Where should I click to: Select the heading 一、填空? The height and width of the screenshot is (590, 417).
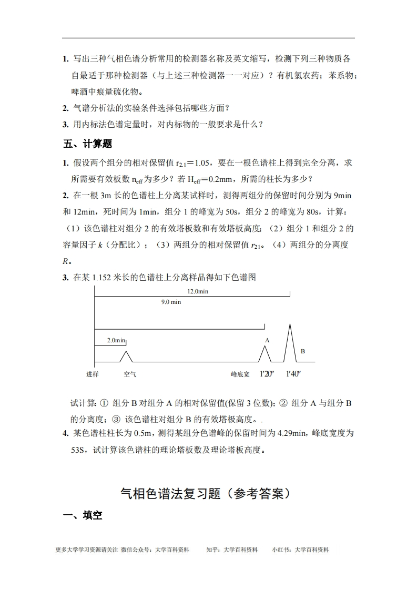pyautogui.click(x=83, y=515)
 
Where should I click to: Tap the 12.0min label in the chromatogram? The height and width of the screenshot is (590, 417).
pyautogui.click(x=198, y=291)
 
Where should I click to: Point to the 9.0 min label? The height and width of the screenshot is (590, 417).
pyautogui.click(x=171, y=302)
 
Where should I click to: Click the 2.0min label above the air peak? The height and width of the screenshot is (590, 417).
pyautogui.click(x=116, y=340)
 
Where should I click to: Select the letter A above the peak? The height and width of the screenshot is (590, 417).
pyautogui.click(x=267, y=340)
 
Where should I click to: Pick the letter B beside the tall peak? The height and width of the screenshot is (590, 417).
pyautogui.click(x=302, y=351)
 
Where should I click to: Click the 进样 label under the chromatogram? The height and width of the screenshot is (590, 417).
pyautogui.click(x=93, y=374)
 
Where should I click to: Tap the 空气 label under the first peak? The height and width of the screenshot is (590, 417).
pyautogui.click(x=130, y=374)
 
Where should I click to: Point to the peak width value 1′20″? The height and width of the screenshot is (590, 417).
pyautogui.click(x=268, y=374)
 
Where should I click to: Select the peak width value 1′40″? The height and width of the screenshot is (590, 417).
pyautogui.click(x=293, y=374)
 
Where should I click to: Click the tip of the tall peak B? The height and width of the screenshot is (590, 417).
pyautogui.click(x=290, y=324)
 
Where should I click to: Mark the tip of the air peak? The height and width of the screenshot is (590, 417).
pyautogui.click(x=126, y=351)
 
